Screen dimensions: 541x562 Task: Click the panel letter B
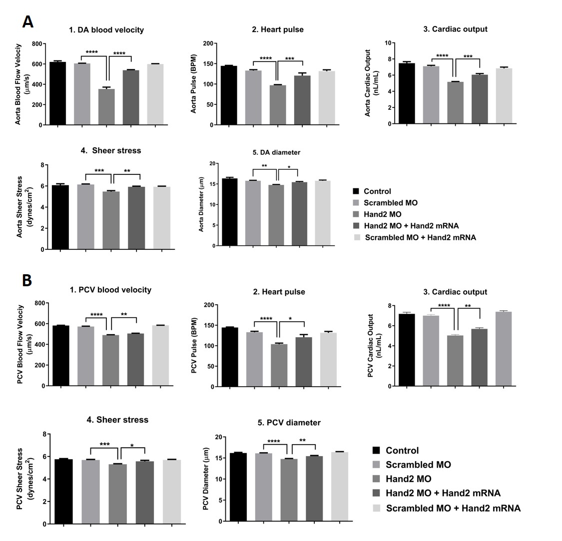(x=27, y=280)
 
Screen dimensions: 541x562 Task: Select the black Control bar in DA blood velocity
(x=57, y=93)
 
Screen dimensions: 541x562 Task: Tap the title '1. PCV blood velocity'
(x=110, y=290)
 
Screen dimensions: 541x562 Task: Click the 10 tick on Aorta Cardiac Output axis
(x=387, y=43)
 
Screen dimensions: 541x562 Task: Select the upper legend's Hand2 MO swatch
(x=356, y=214)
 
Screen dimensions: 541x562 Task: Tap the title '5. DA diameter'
(x=276, y=152)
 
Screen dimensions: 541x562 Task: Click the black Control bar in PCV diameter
(x=238, y=487)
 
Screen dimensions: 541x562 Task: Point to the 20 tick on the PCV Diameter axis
(x=218, y=437)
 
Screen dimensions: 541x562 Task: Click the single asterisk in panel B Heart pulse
(x=290, y=318)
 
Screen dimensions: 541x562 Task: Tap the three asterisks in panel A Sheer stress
(x=99, y=171)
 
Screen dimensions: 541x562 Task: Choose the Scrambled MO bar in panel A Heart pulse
(x=253, y=97)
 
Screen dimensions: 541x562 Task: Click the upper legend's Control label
(x=377, y=191)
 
